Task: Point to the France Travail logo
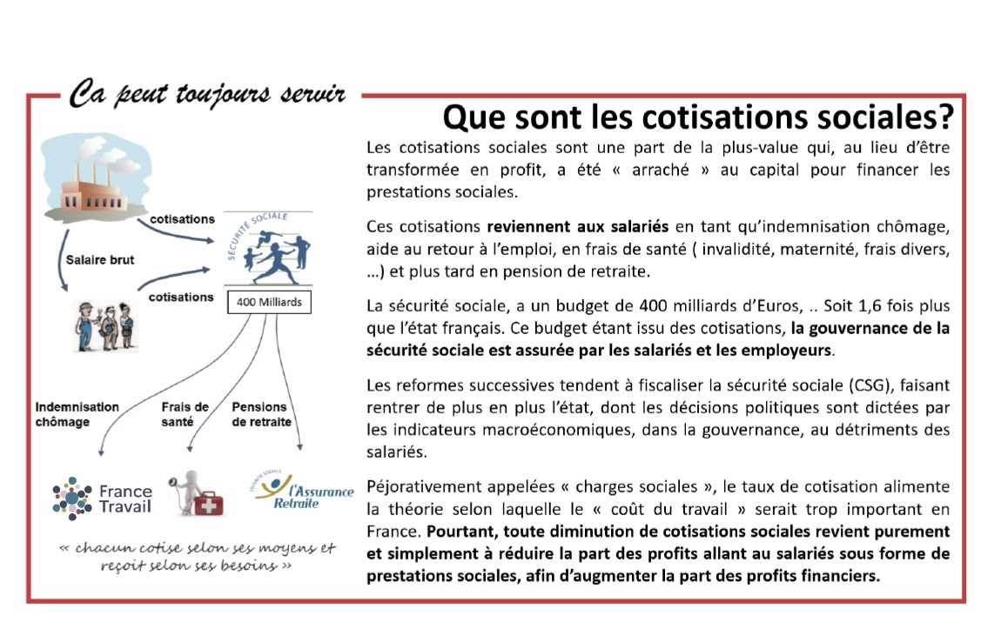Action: (102, 499)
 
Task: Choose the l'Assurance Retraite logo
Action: (300, 493)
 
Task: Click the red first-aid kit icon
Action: (207, 502)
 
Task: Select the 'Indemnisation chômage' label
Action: (77, 414)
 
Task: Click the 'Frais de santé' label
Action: (185, 414)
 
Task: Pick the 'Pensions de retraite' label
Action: (261, 414)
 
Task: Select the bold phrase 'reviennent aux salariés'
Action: (577, 227)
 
